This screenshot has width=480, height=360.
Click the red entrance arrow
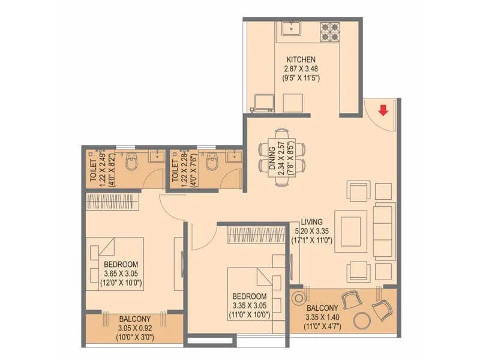382,110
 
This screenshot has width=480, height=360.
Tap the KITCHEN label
301,59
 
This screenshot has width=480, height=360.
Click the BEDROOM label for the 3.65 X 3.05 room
121,264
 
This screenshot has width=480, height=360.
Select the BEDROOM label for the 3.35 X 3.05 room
250,296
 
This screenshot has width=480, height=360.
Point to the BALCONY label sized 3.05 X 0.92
134,319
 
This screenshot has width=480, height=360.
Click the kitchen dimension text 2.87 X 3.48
301,68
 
